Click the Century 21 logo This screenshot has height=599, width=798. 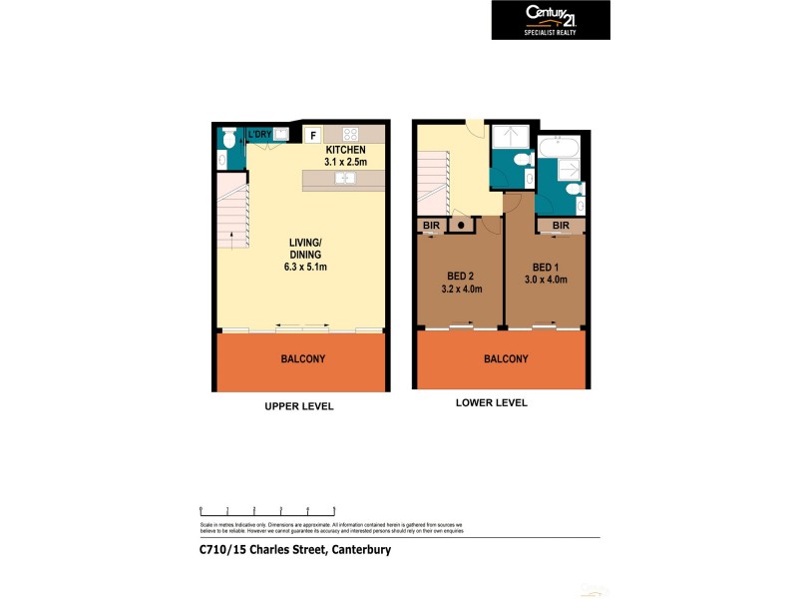point(550,19)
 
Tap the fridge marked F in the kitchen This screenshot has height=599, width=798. point(311,135)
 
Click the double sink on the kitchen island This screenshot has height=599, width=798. point(344,179)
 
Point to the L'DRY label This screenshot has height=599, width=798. point(260,134)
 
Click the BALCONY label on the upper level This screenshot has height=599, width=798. point(302,358)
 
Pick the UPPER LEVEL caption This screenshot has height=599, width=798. point(298,406)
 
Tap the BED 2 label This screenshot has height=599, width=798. point(461,276)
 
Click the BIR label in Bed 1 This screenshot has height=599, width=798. point(561,226)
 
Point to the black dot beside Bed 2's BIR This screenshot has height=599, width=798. point(461,226)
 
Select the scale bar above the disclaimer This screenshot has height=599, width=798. point(267,509)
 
